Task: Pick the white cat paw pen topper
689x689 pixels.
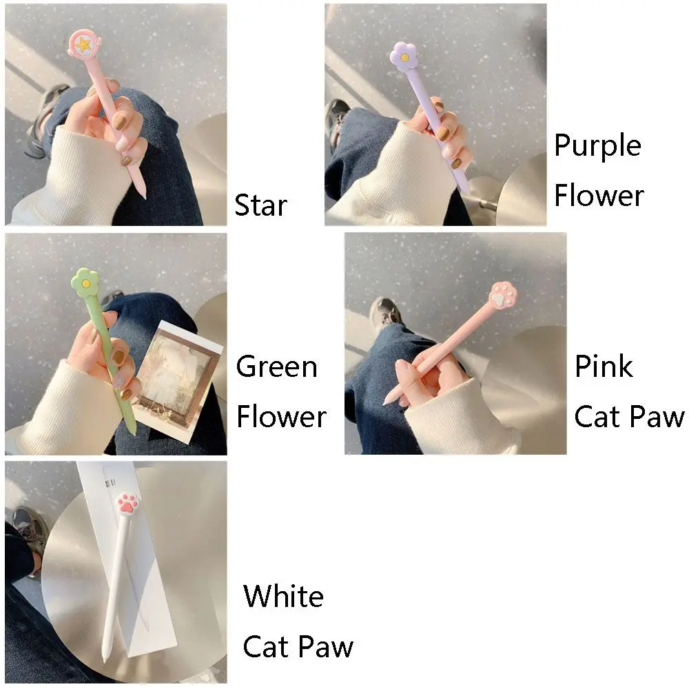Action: pos(129,503)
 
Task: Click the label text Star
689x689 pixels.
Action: pos(260,205)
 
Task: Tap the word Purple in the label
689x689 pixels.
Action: pos(597,146)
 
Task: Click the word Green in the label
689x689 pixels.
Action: pos(276,367)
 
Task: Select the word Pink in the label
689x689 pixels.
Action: pos(604,367)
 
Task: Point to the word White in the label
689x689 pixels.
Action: pos(283,596)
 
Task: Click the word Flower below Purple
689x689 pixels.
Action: pos(599,196)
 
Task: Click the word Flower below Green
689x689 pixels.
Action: pos(281,417)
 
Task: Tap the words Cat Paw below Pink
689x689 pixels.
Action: pos(629,417)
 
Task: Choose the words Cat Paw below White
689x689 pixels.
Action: pos(298,646)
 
